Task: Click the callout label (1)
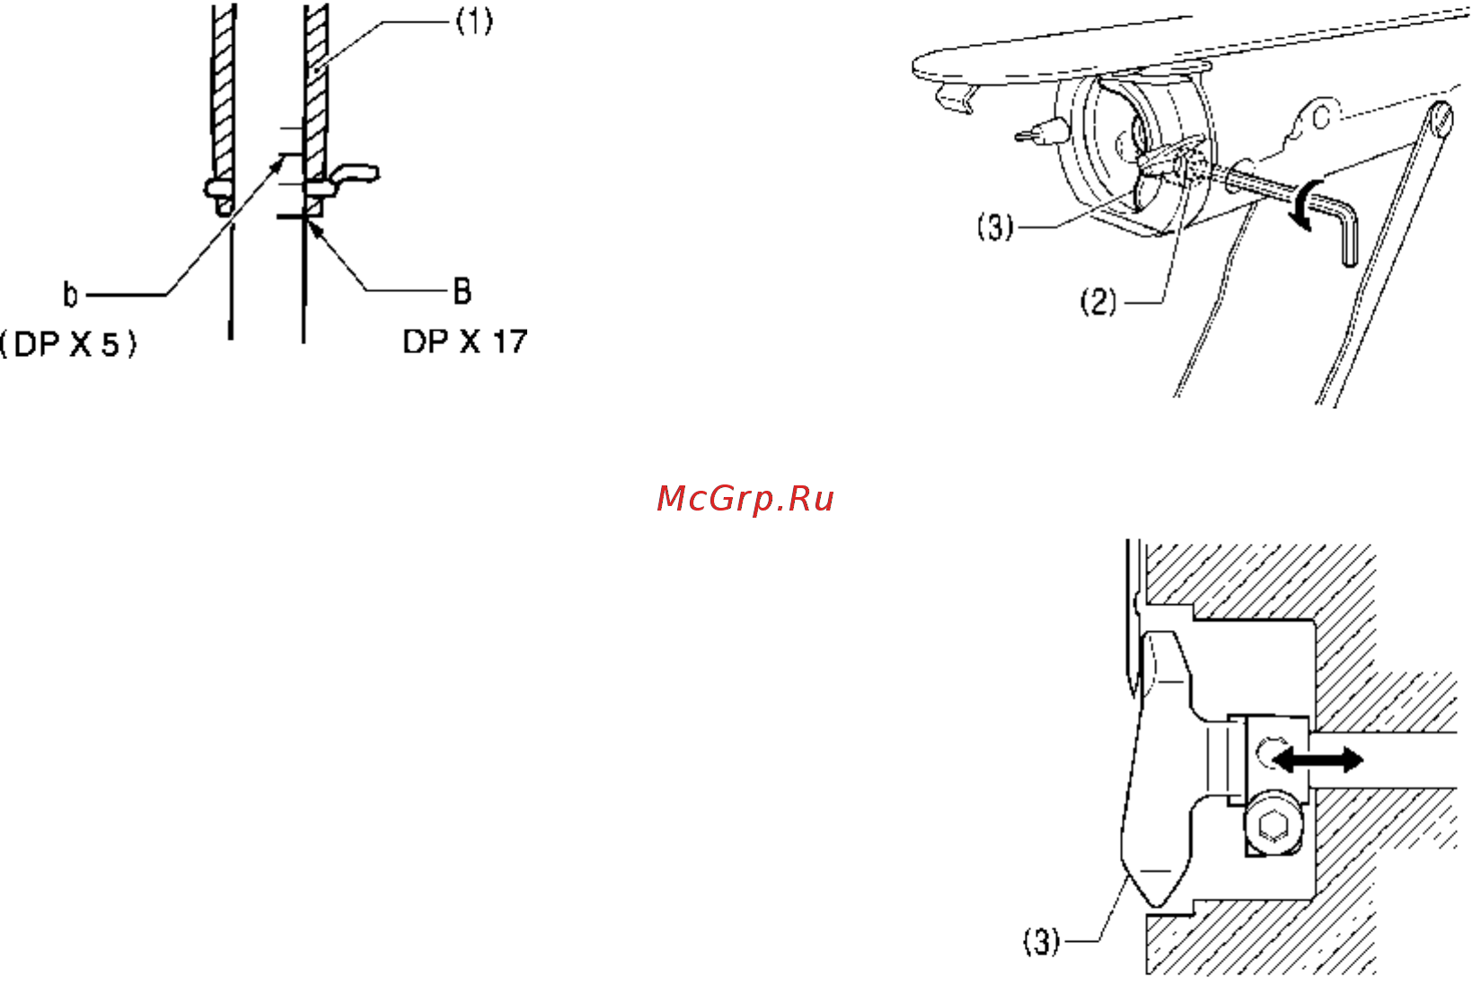pyautogui.click(x=475, y=22)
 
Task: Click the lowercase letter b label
pyautogui.click(x=70, y=294)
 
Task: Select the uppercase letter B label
pyautogui.click(x=463, y=291)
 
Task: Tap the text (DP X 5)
pyautogui.click(x=68, y=344)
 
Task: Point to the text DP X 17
pyautogui.click(x=465, y=342)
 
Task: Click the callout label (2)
pyautogui.click(x=1098, y=302)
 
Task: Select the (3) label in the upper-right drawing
pyautogui.click(x=995, y=227)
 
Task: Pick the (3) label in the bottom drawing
pyautogui.click(x=1041, y=941)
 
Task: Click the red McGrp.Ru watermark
pyautogui.click(x=745, y=499)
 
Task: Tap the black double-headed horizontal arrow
pyautogui.click(x=1317, y=760)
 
